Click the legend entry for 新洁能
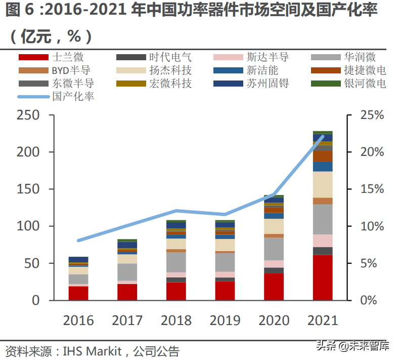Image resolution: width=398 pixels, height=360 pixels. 262,70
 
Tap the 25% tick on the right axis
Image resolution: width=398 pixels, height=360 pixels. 371,115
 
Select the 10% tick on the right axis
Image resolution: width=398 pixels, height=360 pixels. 371,226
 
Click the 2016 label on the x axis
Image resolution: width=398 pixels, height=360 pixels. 78,321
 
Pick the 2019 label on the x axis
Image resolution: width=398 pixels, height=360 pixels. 225,321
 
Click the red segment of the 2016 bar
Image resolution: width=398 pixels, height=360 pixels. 78,293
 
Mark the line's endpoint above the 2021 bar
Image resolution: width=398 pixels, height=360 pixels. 323,136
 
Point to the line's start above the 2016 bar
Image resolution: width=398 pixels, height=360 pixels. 78,241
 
